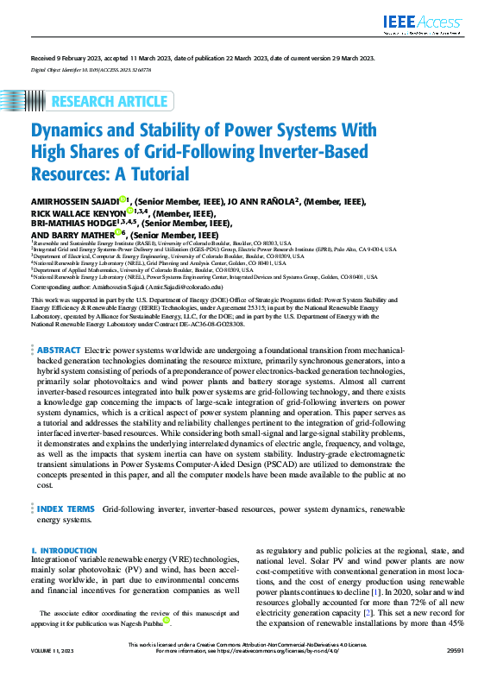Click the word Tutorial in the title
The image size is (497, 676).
(x=157, y=173)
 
